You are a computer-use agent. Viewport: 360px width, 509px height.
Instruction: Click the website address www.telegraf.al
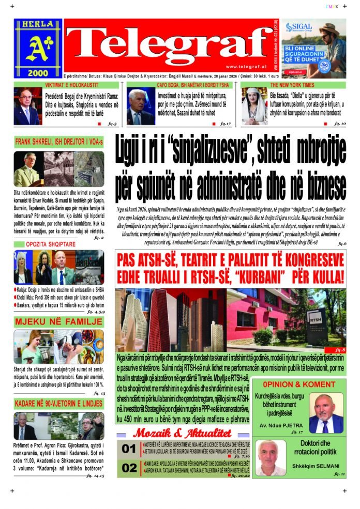(246, 66)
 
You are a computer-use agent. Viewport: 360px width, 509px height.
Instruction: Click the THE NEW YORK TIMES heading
(293, 85)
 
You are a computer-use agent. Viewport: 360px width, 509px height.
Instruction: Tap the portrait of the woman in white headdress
(254, 106)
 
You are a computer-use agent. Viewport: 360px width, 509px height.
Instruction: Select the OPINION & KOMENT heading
(299, 384)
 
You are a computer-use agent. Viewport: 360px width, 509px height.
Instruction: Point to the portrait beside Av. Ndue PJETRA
(326, 413)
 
